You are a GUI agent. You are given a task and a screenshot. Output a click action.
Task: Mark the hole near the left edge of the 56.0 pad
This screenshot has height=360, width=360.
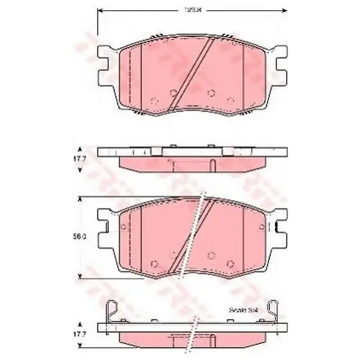pos(125,230)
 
